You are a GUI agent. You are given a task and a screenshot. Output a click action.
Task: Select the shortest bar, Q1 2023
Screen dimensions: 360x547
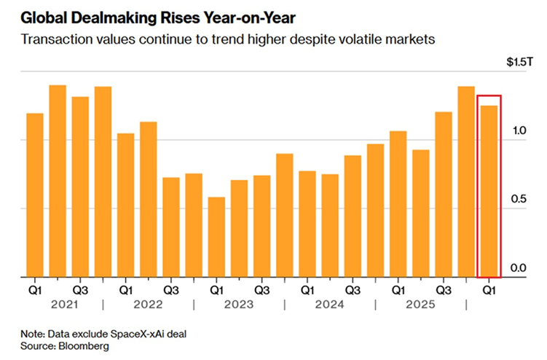point(216,237)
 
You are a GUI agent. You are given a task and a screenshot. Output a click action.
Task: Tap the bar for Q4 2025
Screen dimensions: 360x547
point(466,181)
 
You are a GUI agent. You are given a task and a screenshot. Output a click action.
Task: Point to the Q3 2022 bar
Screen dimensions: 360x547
point(171,227)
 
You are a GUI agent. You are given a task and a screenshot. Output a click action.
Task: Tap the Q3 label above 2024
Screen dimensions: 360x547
point(353,289)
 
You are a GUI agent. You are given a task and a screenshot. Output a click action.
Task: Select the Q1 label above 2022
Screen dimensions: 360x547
point(126,289)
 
